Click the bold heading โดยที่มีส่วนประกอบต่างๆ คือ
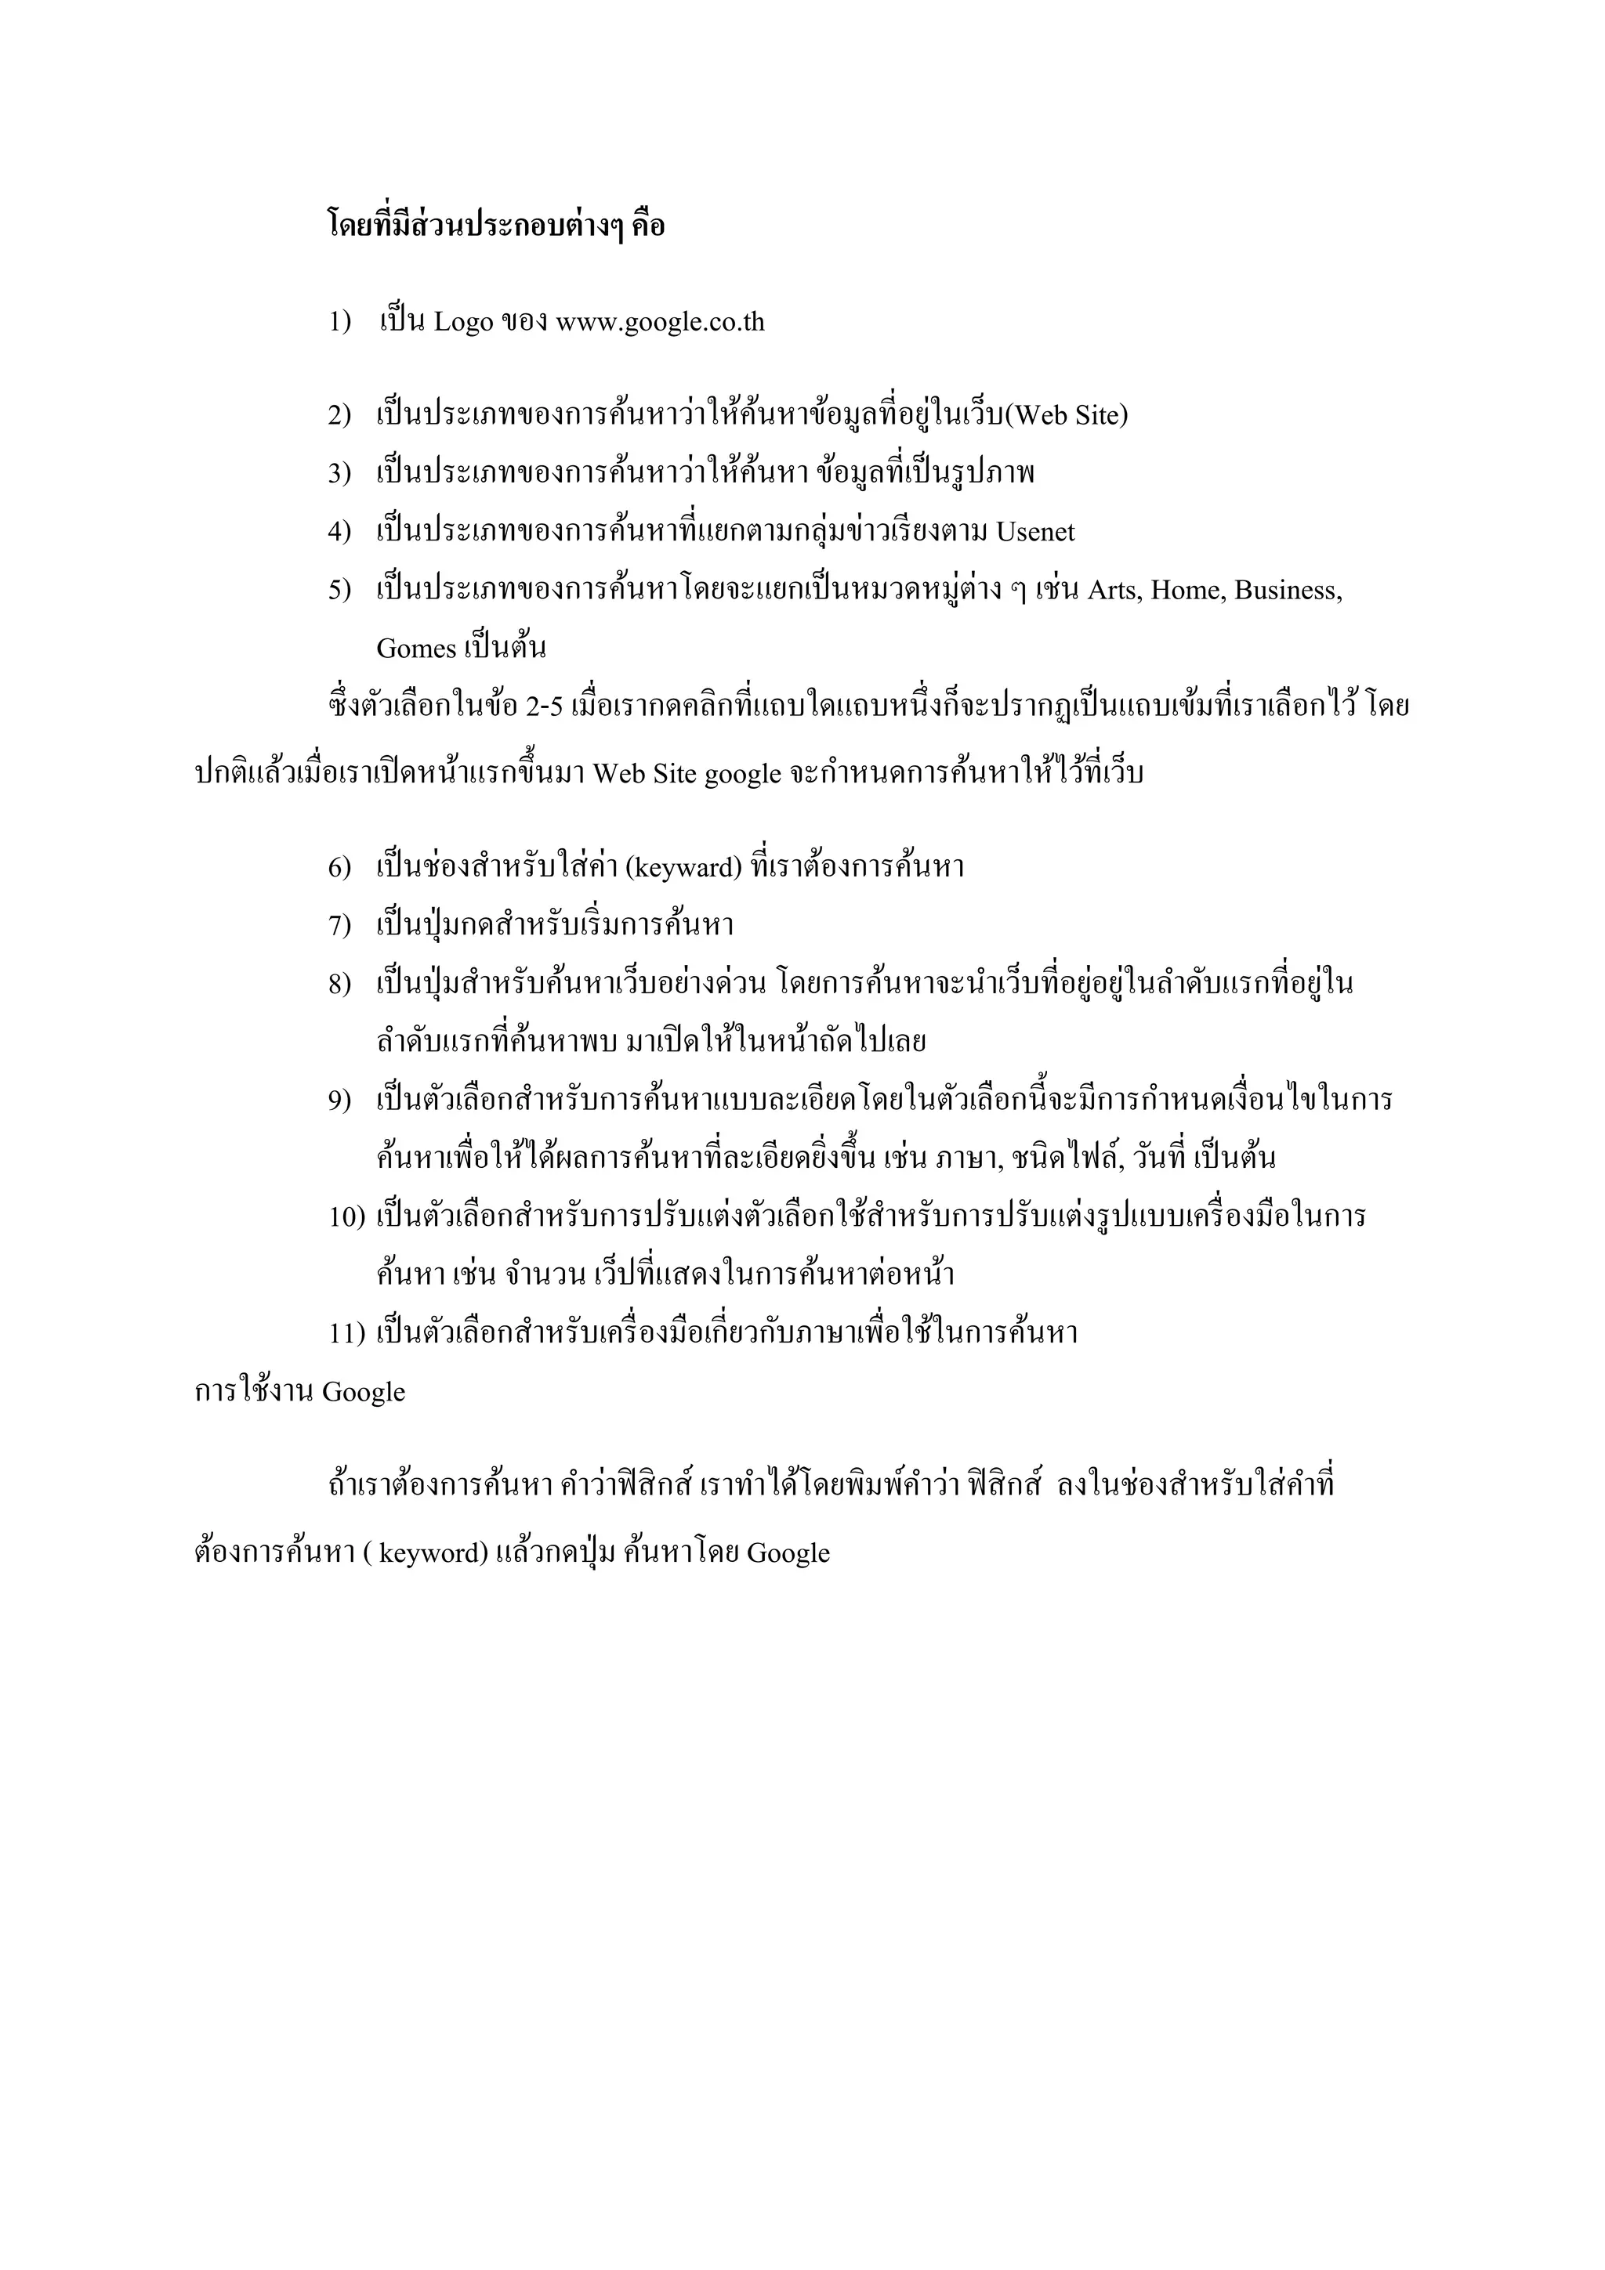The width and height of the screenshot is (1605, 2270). click(x=495, y=226)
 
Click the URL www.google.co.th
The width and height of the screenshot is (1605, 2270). click(x=660, y=322)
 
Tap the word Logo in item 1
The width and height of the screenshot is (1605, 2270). click(x=463, y=322)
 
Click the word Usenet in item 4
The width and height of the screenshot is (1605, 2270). click(x=1034, y=532)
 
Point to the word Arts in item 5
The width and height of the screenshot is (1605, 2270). click(x=1114, y=591)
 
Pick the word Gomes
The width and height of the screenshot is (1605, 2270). click(x=415, y=649)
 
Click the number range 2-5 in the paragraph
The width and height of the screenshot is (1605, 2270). click(x=544, y=707)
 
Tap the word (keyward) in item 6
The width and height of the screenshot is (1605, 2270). click(x=683, y=868)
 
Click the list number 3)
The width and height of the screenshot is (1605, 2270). click(x=339, y=474)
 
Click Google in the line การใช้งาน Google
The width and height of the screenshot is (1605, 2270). click(x=363, y=1392)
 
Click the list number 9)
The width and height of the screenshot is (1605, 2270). click(x=339, y=1101)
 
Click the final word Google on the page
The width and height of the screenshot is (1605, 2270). click(x=788, y=1553)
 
